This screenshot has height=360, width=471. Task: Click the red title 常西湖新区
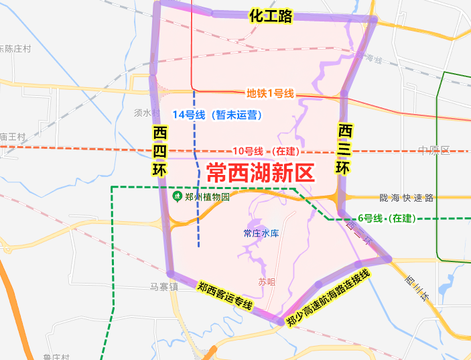coord(260,173)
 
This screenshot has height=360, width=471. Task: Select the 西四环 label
coord(159,151)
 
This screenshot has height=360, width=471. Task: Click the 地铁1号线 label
coord(270,94)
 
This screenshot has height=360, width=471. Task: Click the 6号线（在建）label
coord(386,219)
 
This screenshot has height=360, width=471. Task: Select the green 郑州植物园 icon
coord(177,196)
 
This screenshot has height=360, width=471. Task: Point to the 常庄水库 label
coord(261,233)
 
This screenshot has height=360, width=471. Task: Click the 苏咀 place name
coord(267,282)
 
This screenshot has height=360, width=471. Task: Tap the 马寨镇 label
coord(163,286)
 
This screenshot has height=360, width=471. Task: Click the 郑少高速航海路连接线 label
coord(328,298)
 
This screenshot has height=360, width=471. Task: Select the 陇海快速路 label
coord(406,198)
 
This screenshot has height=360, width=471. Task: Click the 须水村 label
coord(147,113)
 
